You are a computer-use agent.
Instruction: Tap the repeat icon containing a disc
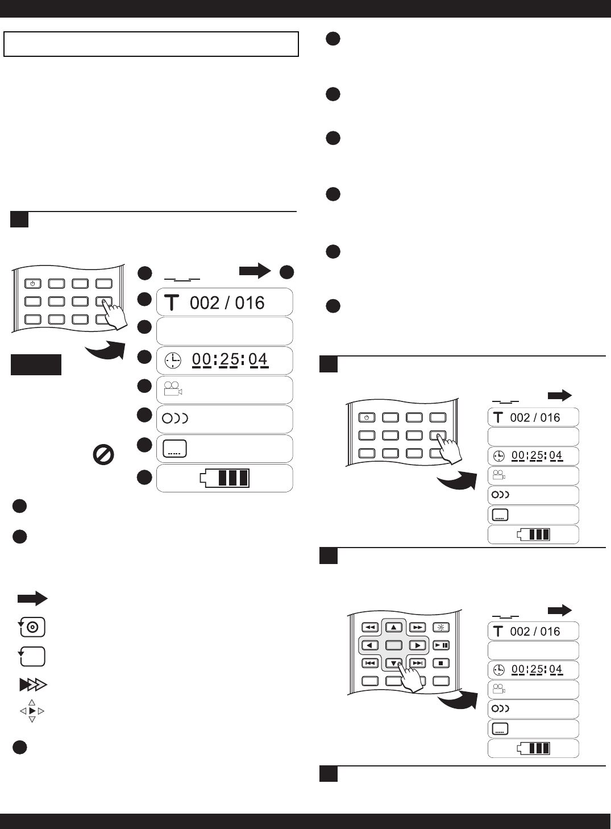pos(32,627)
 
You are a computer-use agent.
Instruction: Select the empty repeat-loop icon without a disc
pos(32,656)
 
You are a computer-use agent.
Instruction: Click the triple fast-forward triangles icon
pos(33,685)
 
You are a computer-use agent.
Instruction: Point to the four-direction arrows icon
pos(32,711)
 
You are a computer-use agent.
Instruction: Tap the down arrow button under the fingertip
pos(393,663)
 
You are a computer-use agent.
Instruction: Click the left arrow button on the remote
pos(370,645)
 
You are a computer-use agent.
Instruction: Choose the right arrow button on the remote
pos(417,645)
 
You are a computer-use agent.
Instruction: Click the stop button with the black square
pos(441,663)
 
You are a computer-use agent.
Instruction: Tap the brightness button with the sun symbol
pos(441,628)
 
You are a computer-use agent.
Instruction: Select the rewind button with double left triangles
pos(370,628)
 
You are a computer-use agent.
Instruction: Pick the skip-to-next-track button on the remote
pos(417,663)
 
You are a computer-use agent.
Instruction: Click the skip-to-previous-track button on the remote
pos(370,663)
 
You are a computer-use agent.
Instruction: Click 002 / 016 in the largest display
pos(227,302)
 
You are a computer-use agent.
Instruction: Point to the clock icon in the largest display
pos(173,360)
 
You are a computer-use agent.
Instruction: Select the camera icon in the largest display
pos(173,389)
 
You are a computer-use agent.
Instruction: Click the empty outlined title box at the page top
pos(151,44)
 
